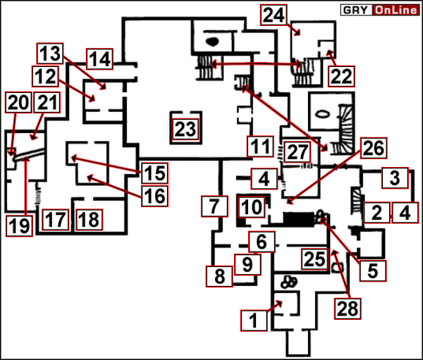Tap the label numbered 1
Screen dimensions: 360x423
pyautogui.click(x=252, y=321)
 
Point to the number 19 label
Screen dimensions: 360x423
pyautogui.click(x=19, y=225)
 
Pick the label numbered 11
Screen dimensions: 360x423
pyautogui.click(x=259, y=147)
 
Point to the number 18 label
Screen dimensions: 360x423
pyautogui.click(x=88, y=219)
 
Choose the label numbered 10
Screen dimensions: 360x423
pyautogui.click(x=251, y=207)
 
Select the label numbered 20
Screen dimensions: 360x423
pyautogui.click(x=18, y=103)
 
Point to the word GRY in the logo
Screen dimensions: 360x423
pyautogui.click(x=356, y=11)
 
